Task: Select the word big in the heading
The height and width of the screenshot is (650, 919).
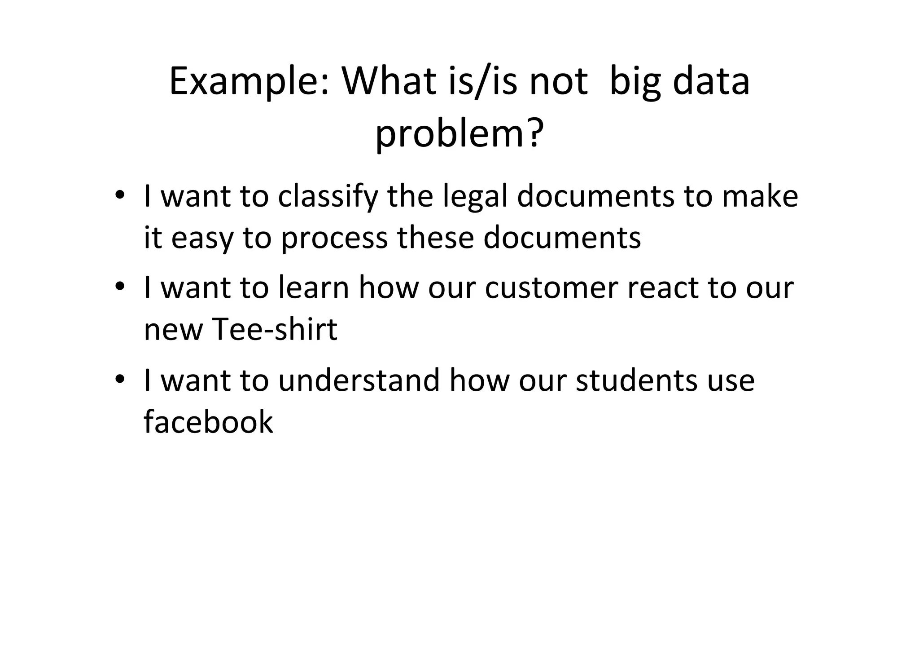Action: (x=635, y=82)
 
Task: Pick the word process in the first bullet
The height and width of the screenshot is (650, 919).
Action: (x=334, y=238)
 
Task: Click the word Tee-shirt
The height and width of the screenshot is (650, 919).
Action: (x=274, y=330)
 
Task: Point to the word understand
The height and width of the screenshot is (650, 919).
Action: (x=359, y=380)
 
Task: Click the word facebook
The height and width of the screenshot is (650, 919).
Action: (x=208, y=422)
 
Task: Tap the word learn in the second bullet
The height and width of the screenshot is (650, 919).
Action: (x=313, y=287)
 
